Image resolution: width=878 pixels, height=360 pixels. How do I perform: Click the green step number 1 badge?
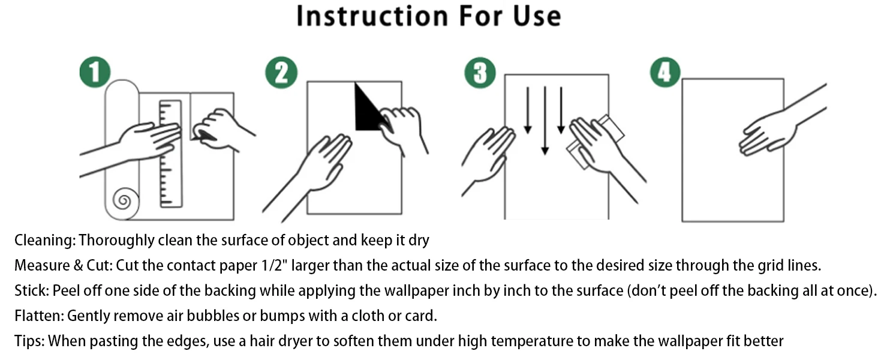coord(95,72)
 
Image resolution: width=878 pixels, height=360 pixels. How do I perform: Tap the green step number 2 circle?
coord(281,73)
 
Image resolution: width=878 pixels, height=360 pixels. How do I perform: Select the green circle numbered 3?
coord(480,73)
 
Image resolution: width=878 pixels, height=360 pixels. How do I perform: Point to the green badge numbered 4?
coord(665,72)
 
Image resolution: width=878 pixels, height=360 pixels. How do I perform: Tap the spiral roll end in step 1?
coord(124,200)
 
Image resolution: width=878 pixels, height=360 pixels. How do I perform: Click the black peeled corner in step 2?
coord(368,108)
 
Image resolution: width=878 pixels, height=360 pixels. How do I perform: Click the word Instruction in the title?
coord(372,16)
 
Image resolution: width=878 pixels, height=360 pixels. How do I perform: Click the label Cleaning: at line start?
coord(45,240)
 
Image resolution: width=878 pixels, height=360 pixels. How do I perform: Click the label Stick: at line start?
coord(32,290)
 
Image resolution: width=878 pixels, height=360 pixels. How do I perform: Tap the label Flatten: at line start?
coord(39,316)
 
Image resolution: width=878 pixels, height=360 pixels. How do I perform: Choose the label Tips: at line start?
coord(30,341)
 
